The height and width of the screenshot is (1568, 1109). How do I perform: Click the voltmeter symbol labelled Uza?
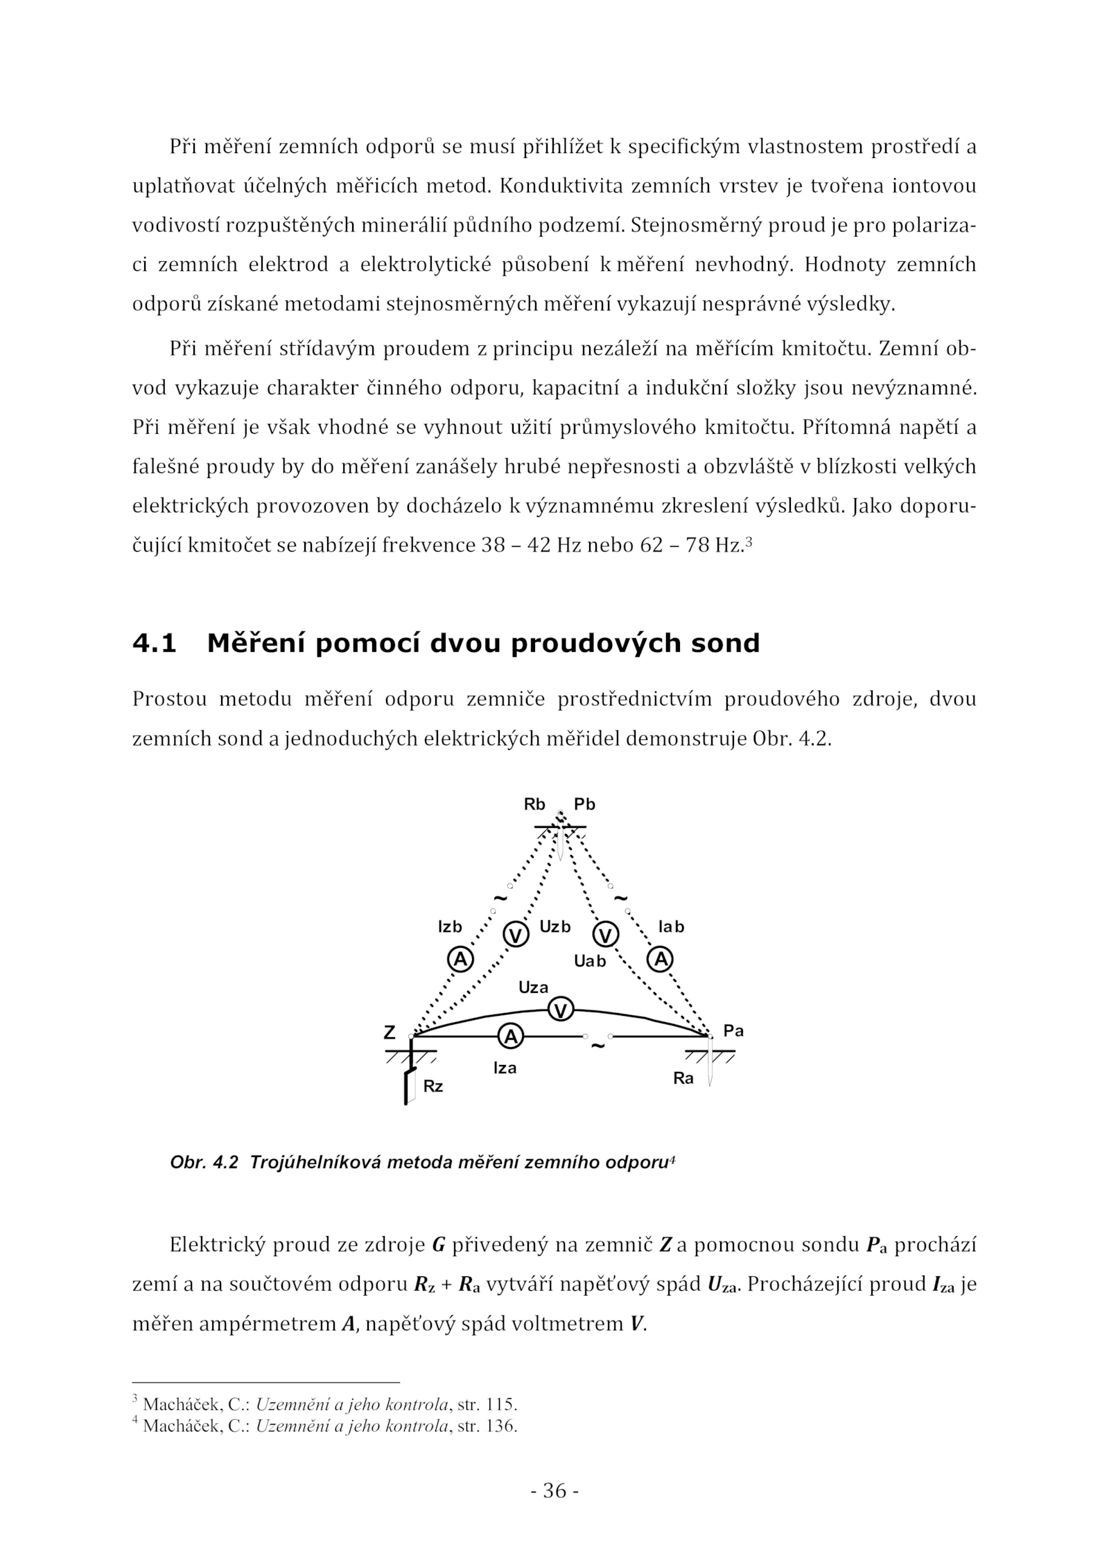click(x=561, y=1010)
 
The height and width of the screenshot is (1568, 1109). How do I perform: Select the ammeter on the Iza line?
click(x=510, y=1037)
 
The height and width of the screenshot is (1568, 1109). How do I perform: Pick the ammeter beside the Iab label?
click(x=661, y=959)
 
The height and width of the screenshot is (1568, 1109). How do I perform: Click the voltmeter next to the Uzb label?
click(x=516, y=935)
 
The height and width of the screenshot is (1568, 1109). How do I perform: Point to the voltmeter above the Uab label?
click(x=606, y=935)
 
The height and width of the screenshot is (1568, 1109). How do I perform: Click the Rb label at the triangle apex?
click(x=534, y=804)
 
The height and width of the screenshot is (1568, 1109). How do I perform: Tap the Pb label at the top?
click(x=584, y=804)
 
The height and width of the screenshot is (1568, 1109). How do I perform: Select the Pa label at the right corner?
click(x=733, y=1030)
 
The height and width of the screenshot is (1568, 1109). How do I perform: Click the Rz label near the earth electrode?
click(x=433, y=1086)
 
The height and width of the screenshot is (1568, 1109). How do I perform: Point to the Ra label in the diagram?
click(x=683, y=1079)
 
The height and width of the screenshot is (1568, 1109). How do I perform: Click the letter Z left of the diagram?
click(x=390, y=1032)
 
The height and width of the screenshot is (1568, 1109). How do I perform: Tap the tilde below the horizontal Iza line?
click(x=597, y=1046)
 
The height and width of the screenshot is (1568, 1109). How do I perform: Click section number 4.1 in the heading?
click(x=155, y=644)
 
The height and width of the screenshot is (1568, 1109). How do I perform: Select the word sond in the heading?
click(x=727, y=644)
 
